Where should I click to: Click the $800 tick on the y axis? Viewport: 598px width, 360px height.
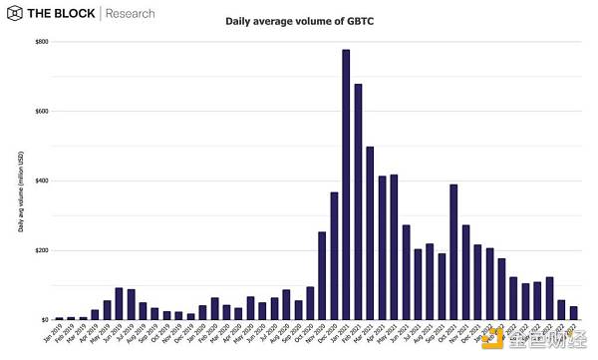pos(40,42)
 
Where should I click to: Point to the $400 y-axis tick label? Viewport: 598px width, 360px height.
pos(40,180)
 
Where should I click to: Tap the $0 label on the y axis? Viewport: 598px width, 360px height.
pos(44,319)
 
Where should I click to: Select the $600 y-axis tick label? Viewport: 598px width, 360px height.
pos(40,111)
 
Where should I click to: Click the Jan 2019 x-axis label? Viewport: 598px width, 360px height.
pos(57,334)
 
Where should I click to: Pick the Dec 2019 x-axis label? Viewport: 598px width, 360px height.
pos(188,334)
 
